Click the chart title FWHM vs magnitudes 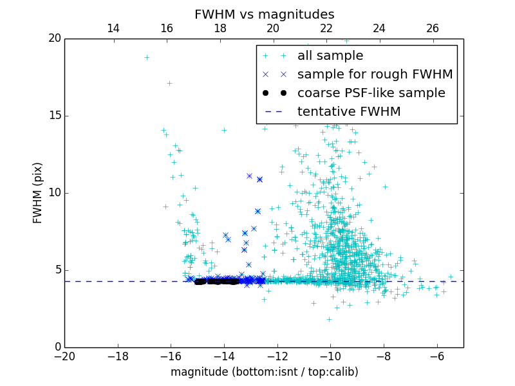(264, 14)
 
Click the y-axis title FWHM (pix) (38, 192)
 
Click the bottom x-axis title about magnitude (264, 372)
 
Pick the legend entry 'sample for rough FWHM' (375, 75)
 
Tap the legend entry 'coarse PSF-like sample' (371, 93)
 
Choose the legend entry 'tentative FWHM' (349, 112)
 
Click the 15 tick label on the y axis (53, 116)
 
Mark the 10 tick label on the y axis (53, 193)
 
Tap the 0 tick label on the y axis (57, 347)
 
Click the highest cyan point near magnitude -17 (147, 57)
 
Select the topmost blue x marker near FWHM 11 (249, 176)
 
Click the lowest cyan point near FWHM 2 (329, 319)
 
